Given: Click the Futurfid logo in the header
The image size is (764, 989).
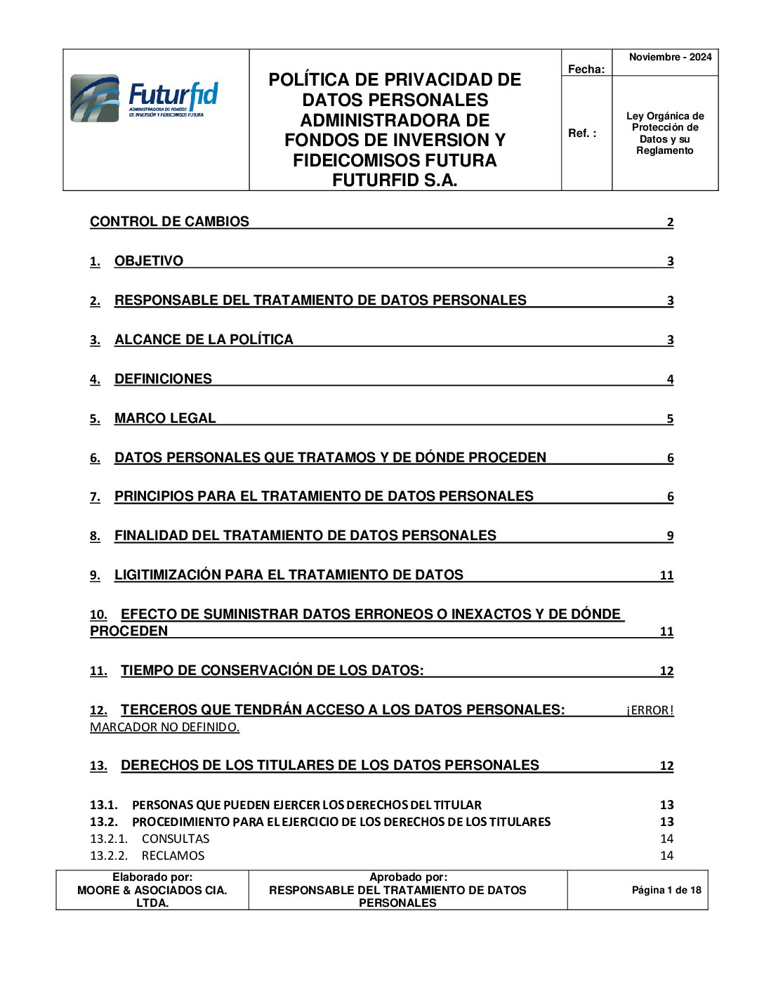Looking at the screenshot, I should pyautogui.click(x=144, y=98).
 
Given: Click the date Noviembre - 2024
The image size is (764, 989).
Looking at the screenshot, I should pyautogui.click(x=670, y=58).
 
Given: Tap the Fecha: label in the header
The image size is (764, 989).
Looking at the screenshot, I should pyautogui.click(x=586, y=69).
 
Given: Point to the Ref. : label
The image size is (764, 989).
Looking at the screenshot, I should pyautogui.click(x=582, y=133).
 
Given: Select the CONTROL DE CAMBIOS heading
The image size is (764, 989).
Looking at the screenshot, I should pyautogui.click(x=169, y=222).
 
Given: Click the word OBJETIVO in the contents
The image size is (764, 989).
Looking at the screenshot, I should pyautogui.click(x=149, y=261).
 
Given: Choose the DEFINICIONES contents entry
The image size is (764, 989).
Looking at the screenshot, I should pyautogui.click(x=163, y=379).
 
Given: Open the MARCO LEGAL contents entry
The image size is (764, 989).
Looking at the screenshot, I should pyautogui.click(x=165, y=419).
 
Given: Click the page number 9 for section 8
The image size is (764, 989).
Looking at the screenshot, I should pyautogui.click(x=670, y=536).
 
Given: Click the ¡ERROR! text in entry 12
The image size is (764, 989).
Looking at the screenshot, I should pyautogui.click(x=650, y=710).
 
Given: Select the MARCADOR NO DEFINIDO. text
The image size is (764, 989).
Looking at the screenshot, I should pyautogui.click(x=164, y=727).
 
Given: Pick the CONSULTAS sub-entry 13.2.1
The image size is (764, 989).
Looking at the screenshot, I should pyautogui.click(x=176, y=839).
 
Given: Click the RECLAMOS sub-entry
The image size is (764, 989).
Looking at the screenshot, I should pyautogui.click(x=173, y=856).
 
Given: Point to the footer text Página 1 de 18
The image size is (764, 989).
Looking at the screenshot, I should pyautogui.click(x=666, y=890).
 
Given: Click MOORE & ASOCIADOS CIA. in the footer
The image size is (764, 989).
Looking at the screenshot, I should pyautogui.click(x=152, y=890).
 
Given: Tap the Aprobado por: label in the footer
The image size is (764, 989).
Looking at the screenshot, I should pyautogui.click(x=408, y=877).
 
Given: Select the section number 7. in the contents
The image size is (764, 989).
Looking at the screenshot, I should pyautogui.click(x=95, y=497).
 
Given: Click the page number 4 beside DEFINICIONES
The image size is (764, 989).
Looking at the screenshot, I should pyautogui.click(x=670, y=379).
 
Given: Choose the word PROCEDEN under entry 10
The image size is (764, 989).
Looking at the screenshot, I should pyautogui.click(x=129, y=631).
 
